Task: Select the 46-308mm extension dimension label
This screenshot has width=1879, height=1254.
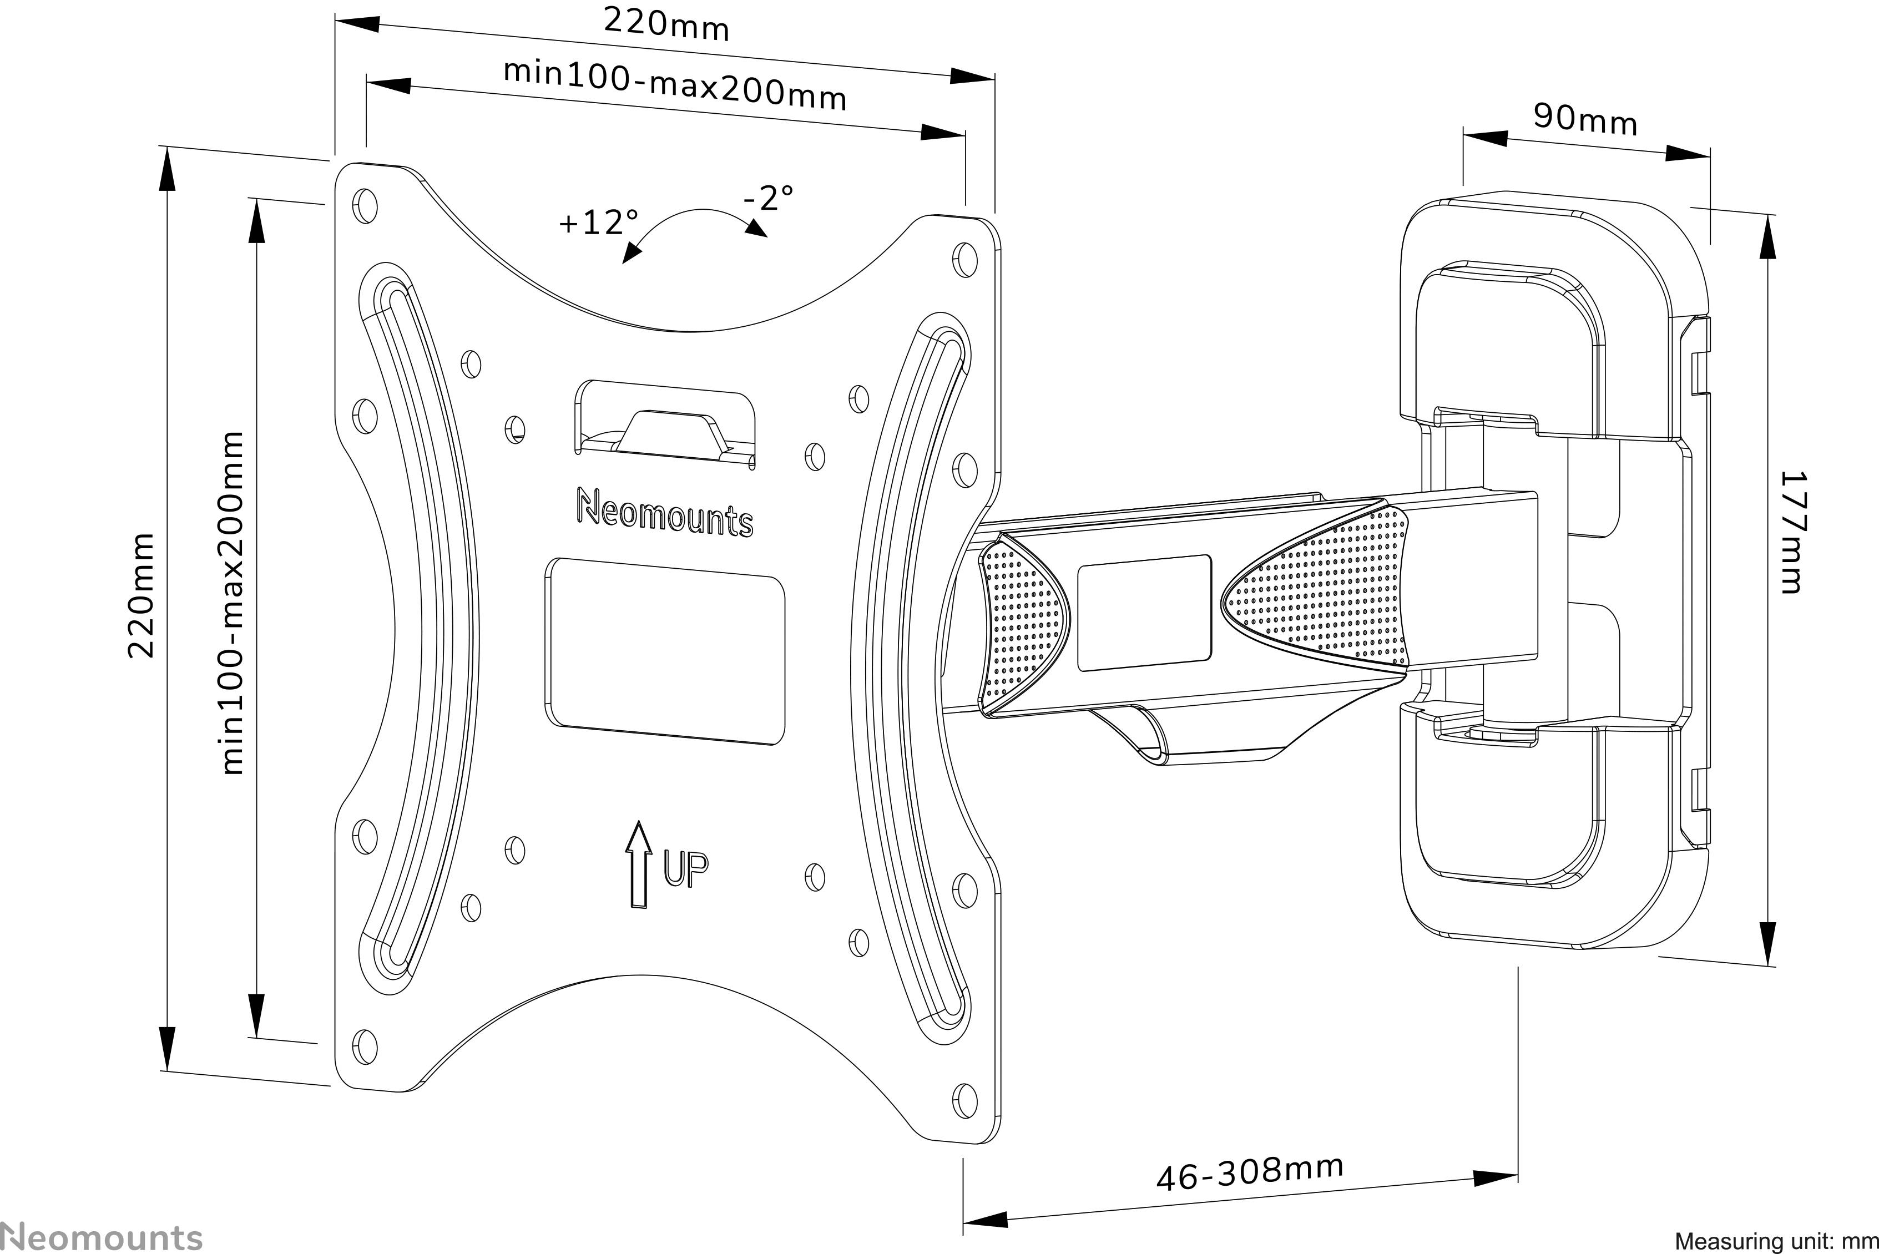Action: coord(1250,1173)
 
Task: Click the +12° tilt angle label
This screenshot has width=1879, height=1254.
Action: coord(598,223)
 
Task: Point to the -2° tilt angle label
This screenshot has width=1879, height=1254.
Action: coord(768,198)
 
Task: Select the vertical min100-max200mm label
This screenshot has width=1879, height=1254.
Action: coord(231,604)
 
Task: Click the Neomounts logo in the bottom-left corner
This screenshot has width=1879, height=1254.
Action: coord(102,1236)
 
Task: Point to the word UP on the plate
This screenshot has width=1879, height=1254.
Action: coord(685,870)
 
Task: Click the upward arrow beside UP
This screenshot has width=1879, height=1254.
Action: coord(638,864)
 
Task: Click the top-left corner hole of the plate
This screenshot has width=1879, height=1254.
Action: coord(365,205)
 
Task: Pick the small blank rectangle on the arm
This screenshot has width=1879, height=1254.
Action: coord(1144,613)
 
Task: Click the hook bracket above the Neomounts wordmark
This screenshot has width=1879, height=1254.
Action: coord(665,424)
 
